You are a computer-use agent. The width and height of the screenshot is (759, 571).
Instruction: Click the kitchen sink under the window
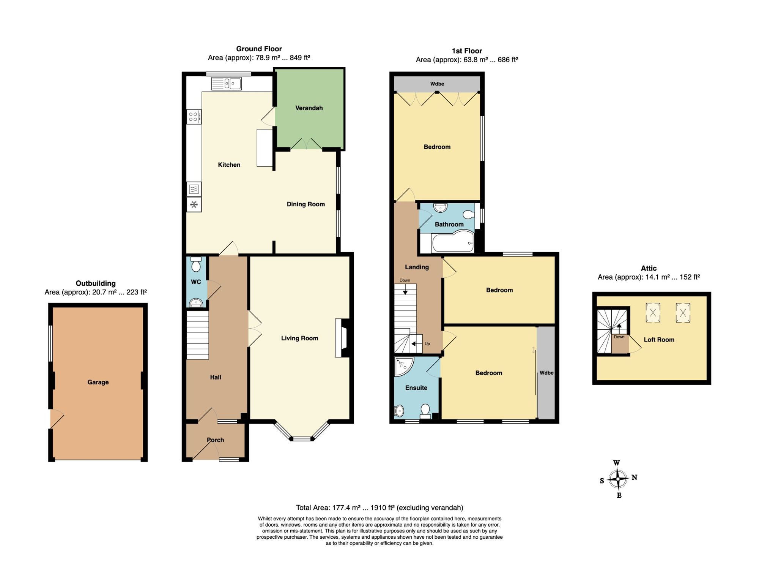tap(226, 84)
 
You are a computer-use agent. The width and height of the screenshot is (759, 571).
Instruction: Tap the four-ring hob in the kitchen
tap(194, 117)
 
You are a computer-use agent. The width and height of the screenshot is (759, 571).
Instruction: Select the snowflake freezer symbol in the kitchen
tap(194, 205)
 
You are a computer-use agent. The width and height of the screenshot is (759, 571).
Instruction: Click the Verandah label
tap(309, 108)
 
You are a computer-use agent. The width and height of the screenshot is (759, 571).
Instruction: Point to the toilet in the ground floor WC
tap(196, 264)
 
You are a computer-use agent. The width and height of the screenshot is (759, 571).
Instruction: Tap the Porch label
tap(215, 440)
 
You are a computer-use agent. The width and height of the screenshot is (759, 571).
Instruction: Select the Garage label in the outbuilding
tap(98, 382)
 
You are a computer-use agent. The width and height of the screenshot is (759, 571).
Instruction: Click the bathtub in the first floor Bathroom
tap(453, 242)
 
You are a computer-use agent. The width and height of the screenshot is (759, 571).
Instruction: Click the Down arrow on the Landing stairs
tap(405, 290)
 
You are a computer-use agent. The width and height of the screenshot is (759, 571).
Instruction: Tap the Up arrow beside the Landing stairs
tap(417, 344)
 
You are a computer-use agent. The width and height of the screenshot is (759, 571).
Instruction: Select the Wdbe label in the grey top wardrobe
tap(437, 84)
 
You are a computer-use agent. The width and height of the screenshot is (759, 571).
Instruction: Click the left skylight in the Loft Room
tap(653, 313)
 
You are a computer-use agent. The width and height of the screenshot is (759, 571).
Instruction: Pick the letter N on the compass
tap(634, 477)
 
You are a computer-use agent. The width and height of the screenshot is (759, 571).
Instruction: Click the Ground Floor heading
tap(259, 49)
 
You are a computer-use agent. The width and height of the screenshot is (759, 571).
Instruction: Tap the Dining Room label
tap(305, 204)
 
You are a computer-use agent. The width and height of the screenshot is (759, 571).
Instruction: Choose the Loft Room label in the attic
tap(659, 340)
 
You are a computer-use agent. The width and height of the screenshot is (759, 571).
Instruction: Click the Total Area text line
tap(379, 508)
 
